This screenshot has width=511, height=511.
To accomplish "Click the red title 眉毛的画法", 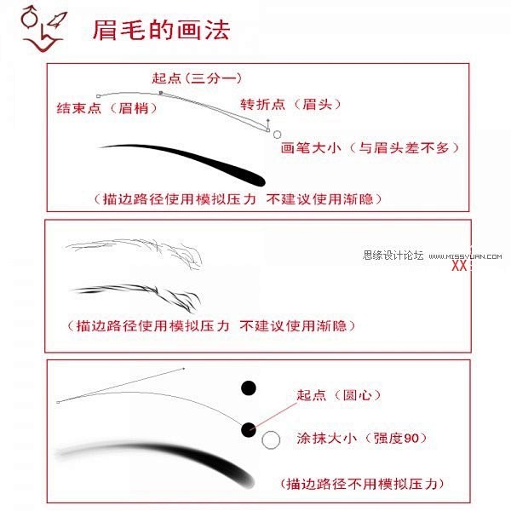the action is pos(161,30).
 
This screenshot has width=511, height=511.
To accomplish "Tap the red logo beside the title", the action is pos(43,29).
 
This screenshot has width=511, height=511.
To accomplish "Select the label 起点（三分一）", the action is pos(197,78).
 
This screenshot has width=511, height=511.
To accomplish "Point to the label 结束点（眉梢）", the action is pos(107,108).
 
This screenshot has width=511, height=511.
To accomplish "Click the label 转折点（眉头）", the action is pos(290,104).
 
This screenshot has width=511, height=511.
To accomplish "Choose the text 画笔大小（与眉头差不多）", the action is pos(370,148).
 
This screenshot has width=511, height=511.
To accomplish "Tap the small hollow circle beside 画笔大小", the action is pos(277,135).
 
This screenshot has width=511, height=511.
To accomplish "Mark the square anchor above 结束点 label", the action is pos(99,96).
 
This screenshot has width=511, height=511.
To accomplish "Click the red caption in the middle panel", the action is pos(211,325).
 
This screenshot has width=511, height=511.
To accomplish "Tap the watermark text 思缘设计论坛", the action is pos(393,255).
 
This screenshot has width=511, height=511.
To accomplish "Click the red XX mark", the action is pos(459,266).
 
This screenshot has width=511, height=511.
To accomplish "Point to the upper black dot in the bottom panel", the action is pos(249,388).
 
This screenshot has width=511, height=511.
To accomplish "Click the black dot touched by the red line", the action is pos(249,429).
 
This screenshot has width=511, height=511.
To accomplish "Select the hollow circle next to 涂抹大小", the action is pos(271,439).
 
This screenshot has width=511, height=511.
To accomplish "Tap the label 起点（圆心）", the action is pos(339,395).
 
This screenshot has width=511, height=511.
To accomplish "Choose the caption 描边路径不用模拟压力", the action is pos(362,484).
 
